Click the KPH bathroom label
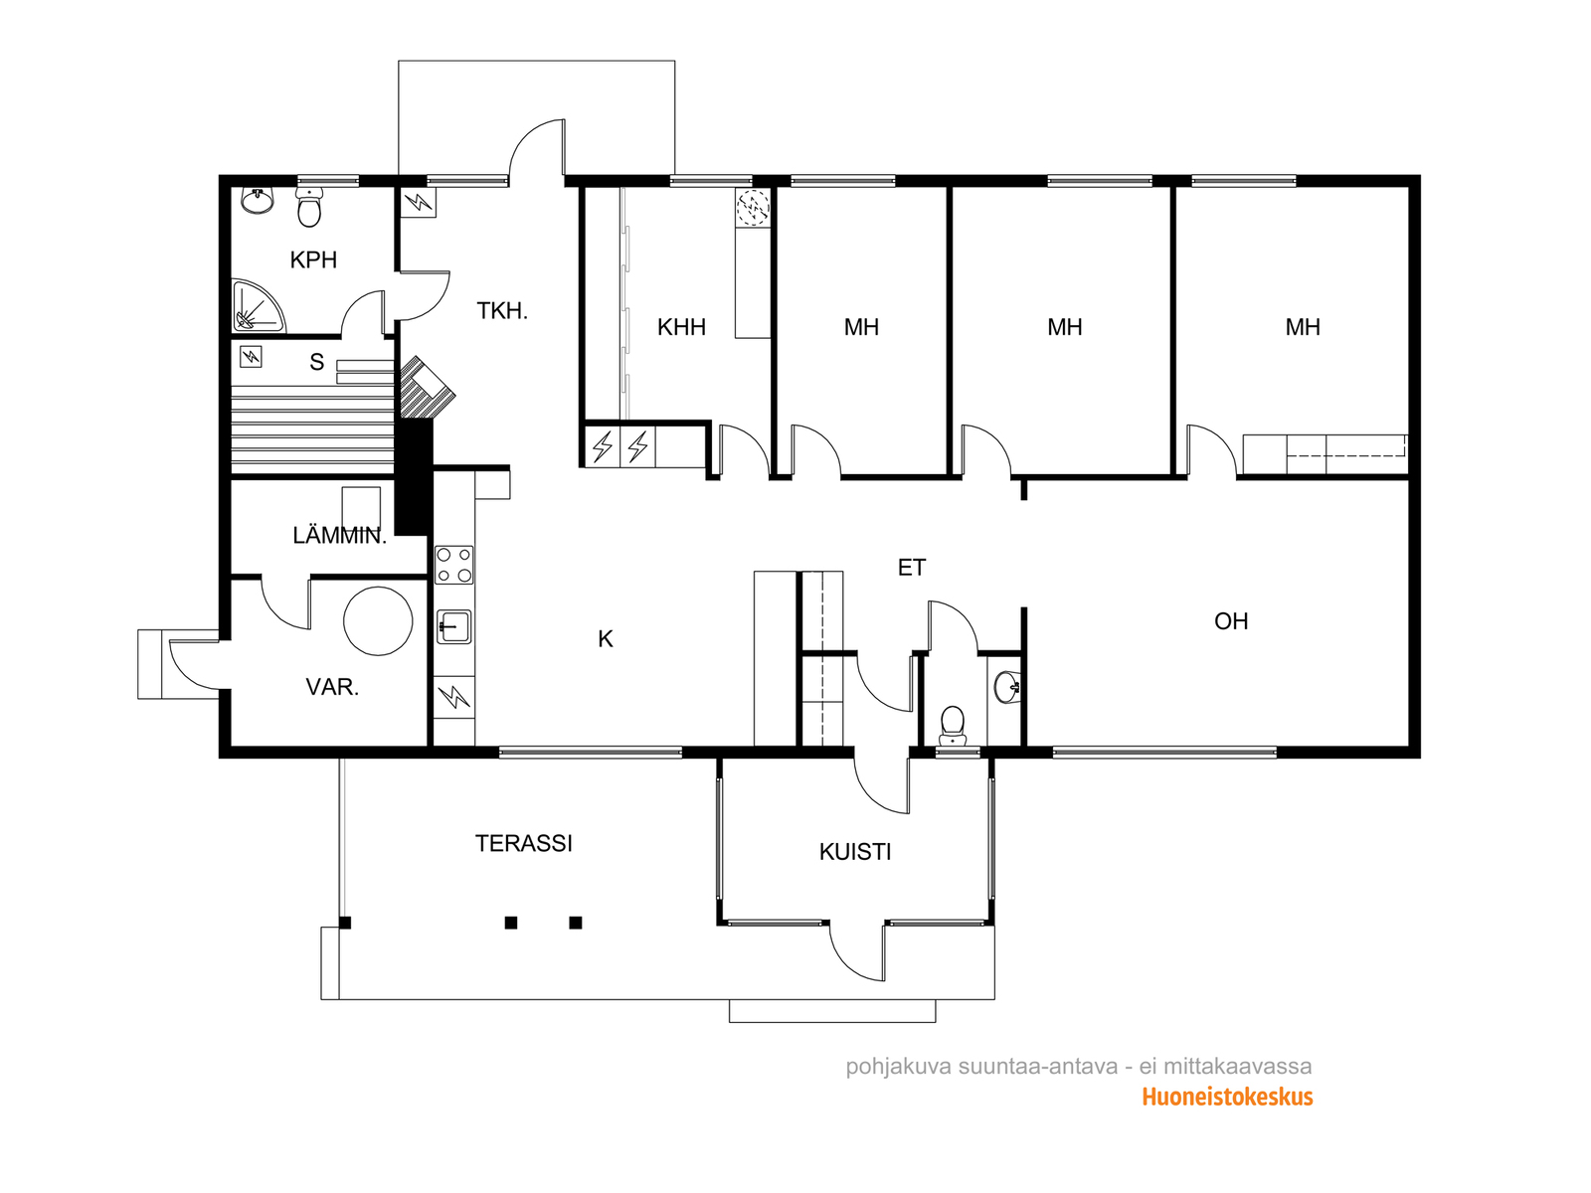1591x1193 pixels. (x=313, y=259)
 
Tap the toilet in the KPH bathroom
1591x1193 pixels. (x=309, y=207)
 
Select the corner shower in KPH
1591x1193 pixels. (x=258, y=306)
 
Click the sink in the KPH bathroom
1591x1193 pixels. (x=257, y=201)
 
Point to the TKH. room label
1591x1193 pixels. (x=502, y=311)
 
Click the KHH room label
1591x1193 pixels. (x=681, y=327)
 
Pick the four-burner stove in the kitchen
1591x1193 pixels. (x=454, y=565)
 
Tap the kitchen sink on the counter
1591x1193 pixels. (x=454, y=626)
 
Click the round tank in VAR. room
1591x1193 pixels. (x=378, y=621)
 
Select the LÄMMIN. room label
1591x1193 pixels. (x=339, y=536)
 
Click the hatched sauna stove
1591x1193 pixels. (x=428, y=387)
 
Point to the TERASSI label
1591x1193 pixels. (x=523, y=843)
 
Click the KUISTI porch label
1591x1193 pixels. (x=855, y=852)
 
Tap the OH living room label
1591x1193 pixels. (x=1231, y=621)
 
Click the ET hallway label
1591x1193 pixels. (x=912, y=567)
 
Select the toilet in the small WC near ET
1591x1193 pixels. (x=952, y=726)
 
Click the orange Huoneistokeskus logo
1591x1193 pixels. (x=1227, y=1097)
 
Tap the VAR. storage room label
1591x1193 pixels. (x=332, y=687)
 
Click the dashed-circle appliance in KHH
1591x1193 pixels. (x=753, y=207)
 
